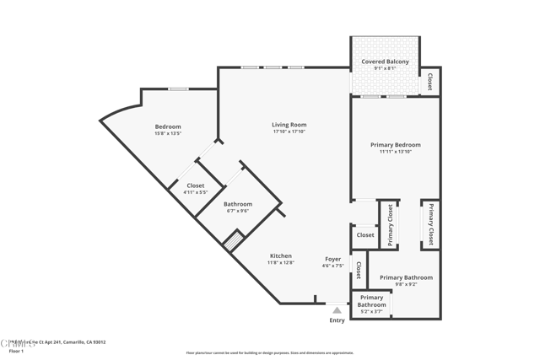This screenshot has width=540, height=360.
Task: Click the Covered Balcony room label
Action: (x=385, y=62)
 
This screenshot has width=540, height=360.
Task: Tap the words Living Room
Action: (x=289, y=125)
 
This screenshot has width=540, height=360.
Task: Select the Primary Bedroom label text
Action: (x=395, y=145)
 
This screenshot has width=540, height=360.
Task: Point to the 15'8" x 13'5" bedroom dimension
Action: (x=168, y=133)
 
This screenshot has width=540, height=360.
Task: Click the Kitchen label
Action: (x=281, y=255)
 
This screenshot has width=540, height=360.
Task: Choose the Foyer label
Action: (x=333, y=259)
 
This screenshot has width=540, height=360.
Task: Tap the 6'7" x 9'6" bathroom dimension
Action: (x=238, y=211)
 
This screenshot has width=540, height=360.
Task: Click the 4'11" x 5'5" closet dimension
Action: (x=195, y=192)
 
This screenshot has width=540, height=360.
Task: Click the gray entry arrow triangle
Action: (x=337, y=310)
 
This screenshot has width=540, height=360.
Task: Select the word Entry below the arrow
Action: (x=337, y=320)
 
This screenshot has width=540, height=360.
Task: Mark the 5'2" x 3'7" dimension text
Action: (x=371, y=312)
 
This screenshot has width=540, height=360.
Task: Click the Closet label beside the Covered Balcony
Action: (x=429, y=82)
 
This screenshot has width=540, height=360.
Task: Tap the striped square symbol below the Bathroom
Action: (x=232, y=240)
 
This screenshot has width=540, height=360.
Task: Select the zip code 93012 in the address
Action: (x=99, y=341)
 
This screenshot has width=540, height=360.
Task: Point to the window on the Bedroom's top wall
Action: (x=178, y=89)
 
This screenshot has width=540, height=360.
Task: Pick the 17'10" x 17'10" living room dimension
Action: (x=289, y=132)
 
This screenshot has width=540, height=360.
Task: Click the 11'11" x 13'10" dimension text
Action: (x=395, y=152)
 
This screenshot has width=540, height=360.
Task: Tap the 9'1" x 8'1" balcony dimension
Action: (x=385, y=68)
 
